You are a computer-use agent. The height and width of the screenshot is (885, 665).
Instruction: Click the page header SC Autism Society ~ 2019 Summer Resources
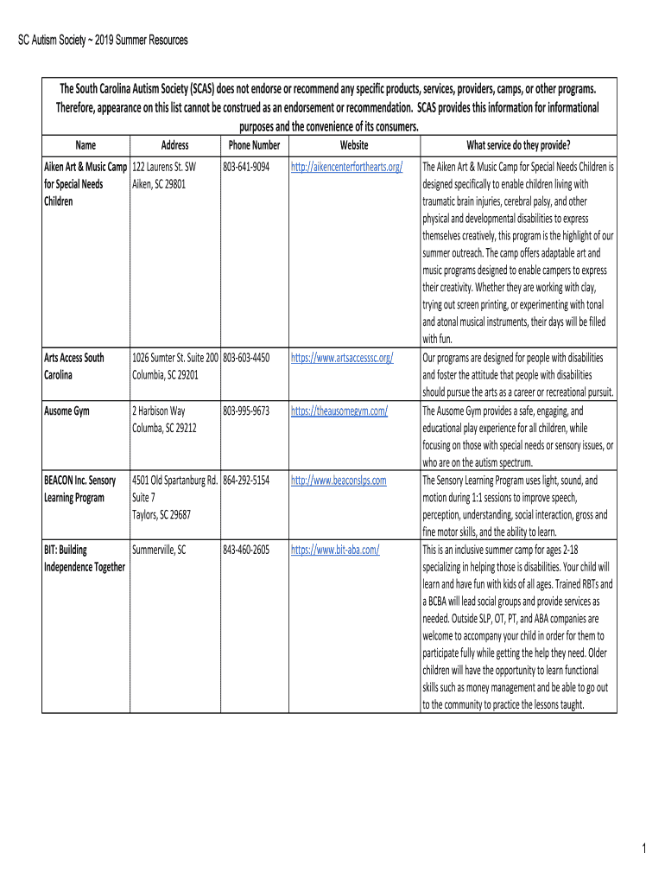click(103, 41)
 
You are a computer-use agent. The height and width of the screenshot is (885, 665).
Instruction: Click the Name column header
click(85, 145)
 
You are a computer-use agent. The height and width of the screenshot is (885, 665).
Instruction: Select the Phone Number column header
click(254, 145)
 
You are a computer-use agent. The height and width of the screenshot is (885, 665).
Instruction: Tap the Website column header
click(354, 145)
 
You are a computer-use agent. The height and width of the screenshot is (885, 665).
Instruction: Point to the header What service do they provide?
click(518, 145)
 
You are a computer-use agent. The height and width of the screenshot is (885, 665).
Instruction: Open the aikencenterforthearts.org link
click(347, 166)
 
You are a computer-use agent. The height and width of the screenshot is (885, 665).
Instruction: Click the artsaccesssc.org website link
click(342, 357)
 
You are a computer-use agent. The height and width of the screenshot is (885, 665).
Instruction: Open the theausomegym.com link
click(339, 411)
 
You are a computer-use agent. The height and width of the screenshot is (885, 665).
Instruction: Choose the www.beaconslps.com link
click(339, 480)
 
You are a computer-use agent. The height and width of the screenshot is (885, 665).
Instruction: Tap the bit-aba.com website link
click(335, 549)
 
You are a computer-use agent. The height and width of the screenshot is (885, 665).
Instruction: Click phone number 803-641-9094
click(246, 166)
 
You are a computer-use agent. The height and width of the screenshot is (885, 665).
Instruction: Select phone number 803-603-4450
click(246, 357)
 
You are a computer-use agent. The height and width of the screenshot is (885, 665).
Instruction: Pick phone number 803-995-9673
click(246, 411)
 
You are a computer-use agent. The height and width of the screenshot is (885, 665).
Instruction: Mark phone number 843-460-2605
click(246, 549)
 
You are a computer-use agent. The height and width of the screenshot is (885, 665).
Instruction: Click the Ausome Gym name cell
click(73, 411)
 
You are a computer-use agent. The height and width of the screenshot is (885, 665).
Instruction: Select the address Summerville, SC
click(159, 549)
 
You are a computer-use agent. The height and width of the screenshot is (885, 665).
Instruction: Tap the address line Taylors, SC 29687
click(161, 514)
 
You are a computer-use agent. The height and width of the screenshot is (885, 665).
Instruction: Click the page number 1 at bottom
click(643, 850)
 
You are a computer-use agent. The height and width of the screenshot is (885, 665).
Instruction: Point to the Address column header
click(174, 145)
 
